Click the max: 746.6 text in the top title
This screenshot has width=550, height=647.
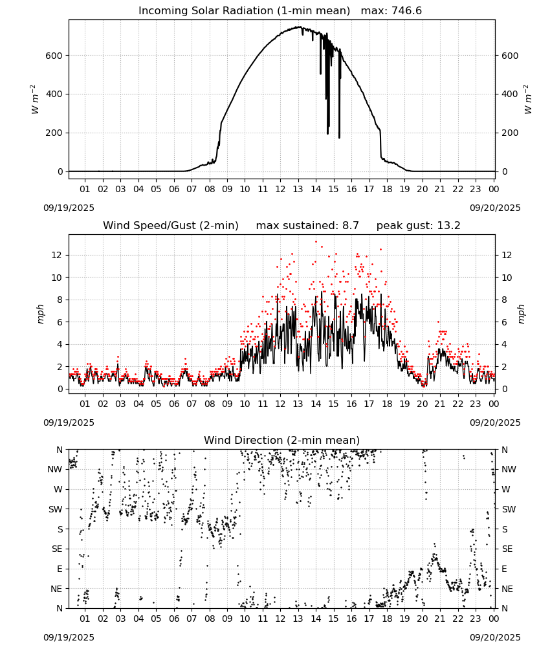pyautogui.click(x=391, y=11)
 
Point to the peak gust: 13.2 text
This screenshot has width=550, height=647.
pyautogui.click(x=418, y=226)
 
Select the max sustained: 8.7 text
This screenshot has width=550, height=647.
pyautogui.click(x=307, y=226)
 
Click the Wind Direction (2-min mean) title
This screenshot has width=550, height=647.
pyautogui.click(x=282, y=440)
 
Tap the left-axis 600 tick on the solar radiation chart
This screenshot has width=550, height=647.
pyautogui.click(x=54, y=56)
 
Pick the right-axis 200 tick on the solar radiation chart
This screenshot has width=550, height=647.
pyautogui.click(x=510, y=133)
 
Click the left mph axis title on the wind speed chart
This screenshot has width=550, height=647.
pyautogui.click(x=40, y=314)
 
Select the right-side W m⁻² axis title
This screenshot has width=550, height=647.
pyautogui.click(x=528, y=100)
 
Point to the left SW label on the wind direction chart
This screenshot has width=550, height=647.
pyautogui.click(x=56, y=510)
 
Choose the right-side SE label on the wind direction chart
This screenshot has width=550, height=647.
pyautogui.click(x=507, y=549)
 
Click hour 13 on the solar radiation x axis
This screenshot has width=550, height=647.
pyautogui.click(x=298, y=190)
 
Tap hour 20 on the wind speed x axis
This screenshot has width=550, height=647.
pyautogui.click(x=422, y=404)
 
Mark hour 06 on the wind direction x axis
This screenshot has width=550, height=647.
pyautogui.click(x=173, y=619)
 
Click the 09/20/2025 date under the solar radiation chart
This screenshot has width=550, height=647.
pyautogui.click(x=495, y=208)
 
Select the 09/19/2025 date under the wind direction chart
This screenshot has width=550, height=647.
pyautogui.click(x=69, y=637)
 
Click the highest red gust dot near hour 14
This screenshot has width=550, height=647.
pyautogui.click(x=316, y=242)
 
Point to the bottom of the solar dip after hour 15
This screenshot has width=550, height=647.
pyautogui.click(x=339, y=138)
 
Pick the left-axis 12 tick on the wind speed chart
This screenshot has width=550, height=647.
pyautogui.click(x=58, y=256)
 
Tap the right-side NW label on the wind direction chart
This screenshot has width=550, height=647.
pyautogui.click(x=509, y=470)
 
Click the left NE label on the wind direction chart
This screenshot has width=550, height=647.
pyautogui.click(x=56, y=589)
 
